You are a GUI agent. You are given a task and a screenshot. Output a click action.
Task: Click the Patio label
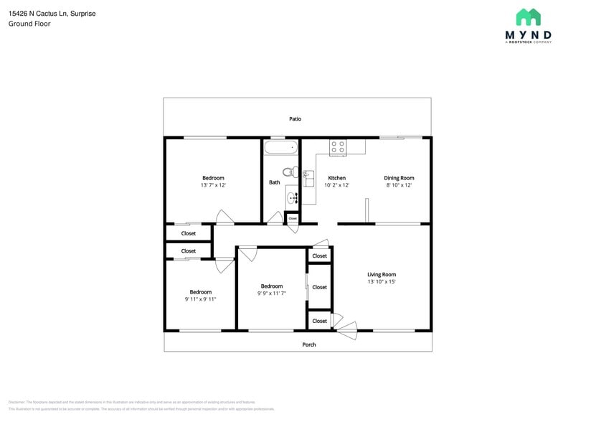coord(295,119)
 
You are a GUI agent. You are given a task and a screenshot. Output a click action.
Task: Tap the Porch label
coord(309,344)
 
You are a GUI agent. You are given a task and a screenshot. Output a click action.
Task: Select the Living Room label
coord(382,274)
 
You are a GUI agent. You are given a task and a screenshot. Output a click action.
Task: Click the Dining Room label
coord(399,178)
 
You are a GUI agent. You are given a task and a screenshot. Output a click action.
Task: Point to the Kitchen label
coord(336,178)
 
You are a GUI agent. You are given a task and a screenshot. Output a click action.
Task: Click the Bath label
coord(274,182)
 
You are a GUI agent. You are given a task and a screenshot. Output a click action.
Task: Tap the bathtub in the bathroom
coord(280,148)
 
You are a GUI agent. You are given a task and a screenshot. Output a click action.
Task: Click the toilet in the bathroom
coord(290,172)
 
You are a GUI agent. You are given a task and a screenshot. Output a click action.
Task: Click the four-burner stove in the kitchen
coord(338,147)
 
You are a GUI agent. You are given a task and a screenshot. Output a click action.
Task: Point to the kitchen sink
coord(308,177)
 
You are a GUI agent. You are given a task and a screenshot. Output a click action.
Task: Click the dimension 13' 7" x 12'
coord(213,185)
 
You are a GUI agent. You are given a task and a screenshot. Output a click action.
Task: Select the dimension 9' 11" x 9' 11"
coord(200,299)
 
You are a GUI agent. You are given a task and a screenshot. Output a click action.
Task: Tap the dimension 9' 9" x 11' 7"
coord(272,294)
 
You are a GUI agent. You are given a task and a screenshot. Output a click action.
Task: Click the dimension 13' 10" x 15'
coord(382,282)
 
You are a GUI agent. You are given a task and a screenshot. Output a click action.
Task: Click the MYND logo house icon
coord(528,18)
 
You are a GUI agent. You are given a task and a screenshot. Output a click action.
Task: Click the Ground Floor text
coord(29,24)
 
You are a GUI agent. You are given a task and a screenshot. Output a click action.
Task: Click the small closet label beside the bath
coord(293,218)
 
